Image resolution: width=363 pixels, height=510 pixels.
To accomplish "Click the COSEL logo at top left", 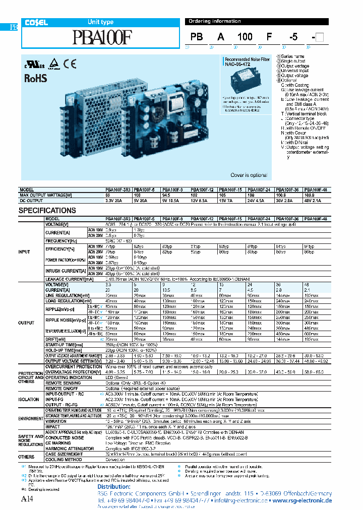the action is (x=33, y=22).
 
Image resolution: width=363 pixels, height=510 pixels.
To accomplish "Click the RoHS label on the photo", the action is (x=36, y=78).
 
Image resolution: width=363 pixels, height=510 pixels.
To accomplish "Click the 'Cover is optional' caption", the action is (x=249, y=175).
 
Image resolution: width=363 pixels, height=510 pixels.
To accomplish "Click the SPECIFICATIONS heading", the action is (x=47, y=210).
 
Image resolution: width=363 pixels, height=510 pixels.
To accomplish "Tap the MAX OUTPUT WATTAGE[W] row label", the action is (x=46, y=196).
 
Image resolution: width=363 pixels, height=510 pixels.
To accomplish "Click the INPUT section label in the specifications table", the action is (x=24, y=251).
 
